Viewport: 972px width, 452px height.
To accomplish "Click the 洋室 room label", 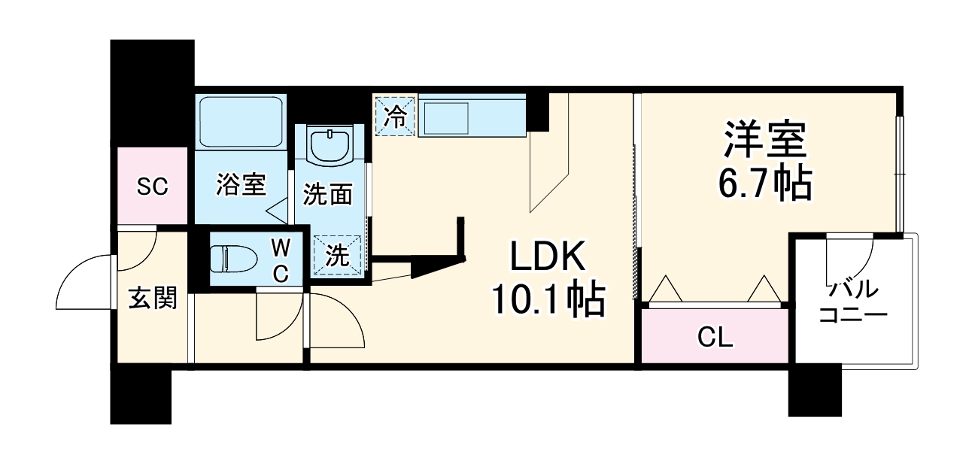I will [x=765, y=138].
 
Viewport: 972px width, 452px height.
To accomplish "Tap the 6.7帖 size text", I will [x=765, y=183].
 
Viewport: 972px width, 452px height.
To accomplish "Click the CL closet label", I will [x=714, y=338].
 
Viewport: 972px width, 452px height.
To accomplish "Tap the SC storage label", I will [x=151, y=187].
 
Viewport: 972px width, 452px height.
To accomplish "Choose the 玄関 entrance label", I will [x=152, y=299].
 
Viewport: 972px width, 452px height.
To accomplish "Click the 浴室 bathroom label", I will [x=241, y=185].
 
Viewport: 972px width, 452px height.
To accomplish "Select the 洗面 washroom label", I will [x=327, y=195].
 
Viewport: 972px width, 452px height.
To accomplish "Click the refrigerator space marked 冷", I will [x=394, y=116].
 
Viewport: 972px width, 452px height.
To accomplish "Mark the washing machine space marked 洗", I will [x=338, y=255].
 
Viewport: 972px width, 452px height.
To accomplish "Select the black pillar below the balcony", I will [x=814, y=390].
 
